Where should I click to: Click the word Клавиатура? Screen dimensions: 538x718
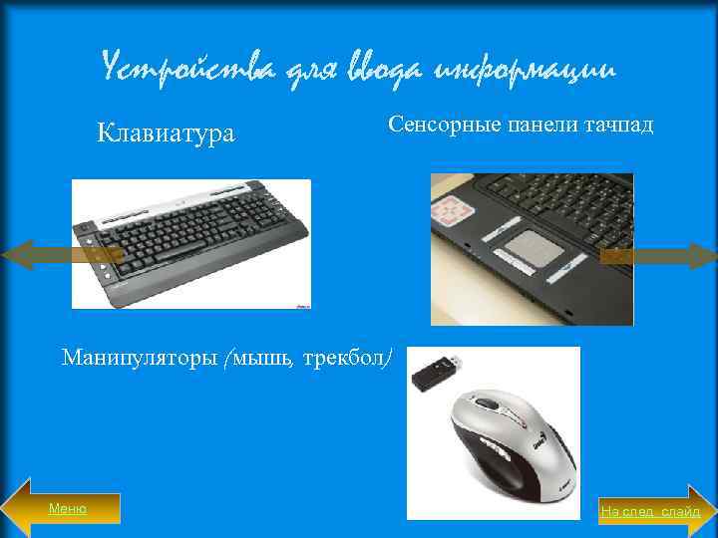pyautogui.click(x=166, y=133)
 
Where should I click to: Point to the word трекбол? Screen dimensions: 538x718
pyautogui.click(x=340, y=356)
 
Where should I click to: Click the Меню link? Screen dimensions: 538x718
pyautogui.click(x=68, y=509)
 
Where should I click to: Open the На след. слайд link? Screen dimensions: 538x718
pyautogui.click(x=650, y=512)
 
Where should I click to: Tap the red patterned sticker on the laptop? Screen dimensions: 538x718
pyautogui.click(x=455, y=210)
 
